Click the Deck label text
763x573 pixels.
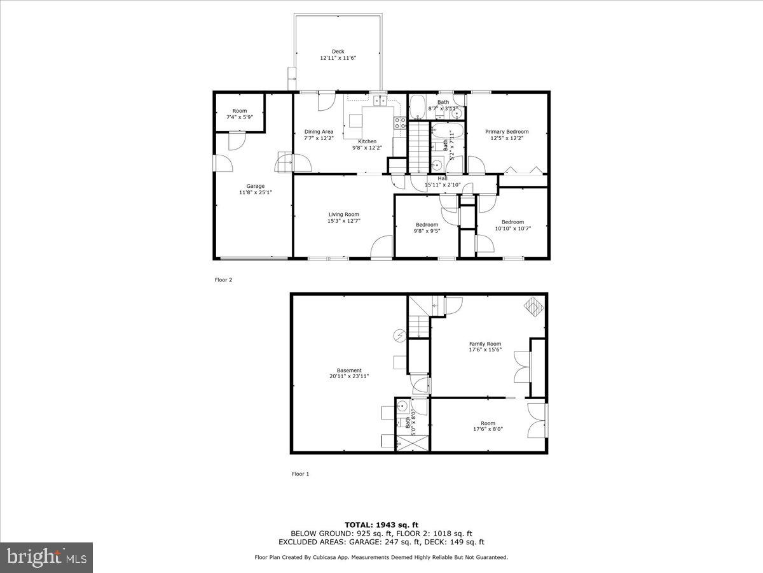tap(338, 52)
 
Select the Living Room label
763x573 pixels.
tap(343, 215)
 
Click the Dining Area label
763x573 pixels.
tap(318, 132)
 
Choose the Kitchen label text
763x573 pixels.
tap(367, 141)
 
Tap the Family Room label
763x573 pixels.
tap(485, 344)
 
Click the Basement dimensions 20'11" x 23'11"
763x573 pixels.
tap(349, 376)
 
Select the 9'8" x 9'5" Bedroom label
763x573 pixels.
tap(427, 225)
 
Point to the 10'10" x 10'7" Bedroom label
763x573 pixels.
tap(512, 222)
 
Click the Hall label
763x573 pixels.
tap(443, 179)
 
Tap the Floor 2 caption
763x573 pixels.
tap(223, 279)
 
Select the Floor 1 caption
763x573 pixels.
tap(300, 474)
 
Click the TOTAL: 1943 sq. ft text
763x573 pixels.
tap(381, 524)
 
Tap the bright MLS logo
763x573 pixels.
tap(46, 558)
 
